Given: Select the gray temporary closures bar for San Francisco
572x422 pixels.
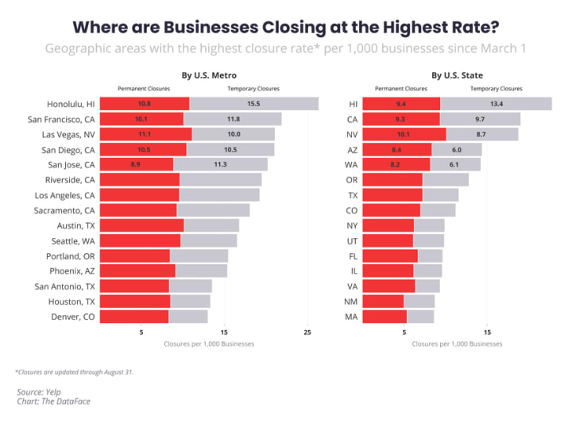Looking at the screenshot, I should click(232, 119).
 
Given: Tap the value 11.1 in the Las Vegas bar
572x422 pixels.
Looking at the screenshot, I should click(145, 134).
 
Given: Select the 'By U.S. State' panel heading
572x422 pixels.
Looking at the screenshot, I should click(457, 76).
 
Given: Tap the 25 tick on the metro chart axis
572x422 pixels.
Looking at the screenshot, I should click(307, 332).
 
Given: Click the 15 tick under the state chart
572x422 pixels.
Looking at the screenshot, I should click(488, 332).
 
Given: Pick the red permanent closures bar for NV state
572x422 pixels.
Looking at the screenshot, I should click(404, 134).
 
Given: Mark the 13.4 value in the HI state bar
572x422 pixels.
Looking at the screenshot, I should click(497, 104).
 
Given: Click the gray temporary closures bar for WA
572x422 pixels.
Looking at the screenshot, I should click(455, 164).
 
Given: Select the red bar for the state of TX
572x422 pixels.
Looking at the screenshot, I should click(392, 195).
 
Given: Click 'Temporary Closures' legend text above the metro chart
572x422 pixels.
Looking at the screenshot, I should click(248, 89).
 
